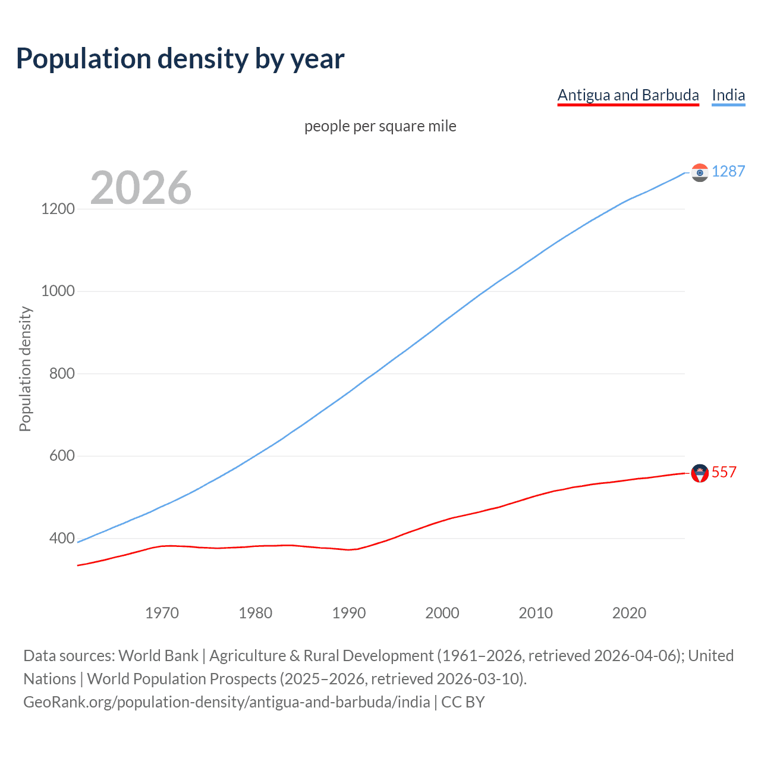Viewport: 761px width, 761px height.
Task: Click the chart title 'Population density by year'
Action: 180,59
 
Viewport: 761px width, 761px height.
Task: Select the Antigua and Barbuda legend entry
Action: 628,95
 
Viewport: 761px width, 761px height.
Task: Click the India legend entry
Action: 728,95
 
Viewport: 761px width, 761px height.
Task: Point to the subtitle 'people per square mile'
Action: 380,126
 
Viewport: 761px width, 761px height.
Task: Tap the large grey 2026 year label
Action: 141,188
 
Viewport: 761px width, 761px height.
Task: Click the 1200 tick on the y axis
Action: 58,209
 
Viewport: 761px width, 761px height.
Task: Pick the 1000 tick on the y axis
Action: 58,291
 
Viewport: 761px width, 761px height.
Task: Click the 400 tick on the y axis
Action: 62,539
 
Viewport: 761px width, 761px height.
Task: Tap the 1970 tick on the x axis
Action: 162,613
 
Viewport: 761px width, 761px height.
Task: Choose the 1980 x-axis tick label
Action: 256,613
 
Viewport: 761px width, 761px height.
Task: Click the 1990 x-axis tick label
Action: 349,613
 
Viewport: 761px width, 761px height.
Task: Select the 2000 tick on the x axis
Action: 442,613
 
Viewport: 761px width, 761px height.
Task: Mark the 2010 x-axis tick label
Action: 536,613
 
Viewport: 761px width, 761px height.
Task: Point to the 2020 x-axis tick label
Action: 629,613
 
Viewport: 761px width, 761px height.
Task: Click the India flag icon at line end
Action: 700,172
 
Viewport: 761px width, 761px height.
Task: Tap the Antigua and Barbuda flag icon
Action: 700,473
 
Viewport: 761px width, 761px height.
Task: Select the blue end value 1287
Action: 728,171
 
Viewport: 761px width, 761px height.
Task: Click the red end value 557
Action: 724,472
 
